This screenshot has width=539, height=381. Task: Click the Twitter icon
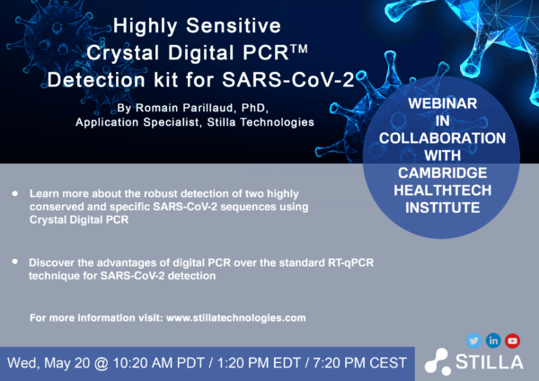[473, 341]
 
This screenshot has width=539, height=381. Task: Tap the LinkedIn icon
[493, 341]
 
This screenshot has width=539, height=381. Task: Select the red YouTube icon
[513, 341]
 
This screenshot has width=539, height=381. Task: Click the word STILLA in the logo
[490, 362]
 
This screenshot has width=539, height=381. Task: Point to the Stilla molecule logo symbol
[437, 362]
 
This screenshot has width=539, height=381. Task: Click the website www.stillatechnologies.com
[235, 318]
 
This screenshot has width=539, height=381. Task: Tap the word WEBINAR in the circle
[442, 103]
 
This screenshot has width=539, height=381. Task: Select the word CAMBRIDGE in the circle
[442, 173]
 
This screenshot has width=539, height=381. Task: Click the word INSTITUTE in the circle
[442, 208]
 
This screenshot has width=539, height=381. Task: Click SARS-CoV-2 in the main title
[288, 80]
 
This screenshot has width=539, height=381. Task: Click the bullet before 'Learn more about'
[14, 193]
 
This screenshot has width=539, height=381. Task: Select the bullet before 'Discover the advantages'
[14, 261]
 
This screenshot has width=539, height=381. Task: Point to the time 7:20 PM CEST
[359, 363]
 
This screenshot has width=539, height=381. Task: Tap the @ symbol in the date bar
[101, 363]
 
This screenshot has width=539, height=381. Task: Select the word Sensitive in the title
[234, 26]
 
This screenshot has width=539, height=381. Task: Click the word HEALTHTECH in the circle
[442, 190]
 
